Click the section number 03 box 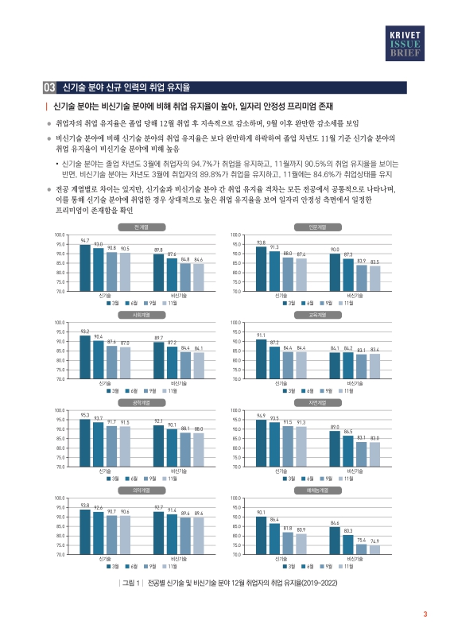click(x=48, y=87)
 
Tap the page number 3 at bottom click(x=425, y=613)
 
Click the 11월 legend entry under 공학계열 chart click(x=171, y=479)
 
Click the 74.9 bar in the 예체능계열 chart click(x=374, y=550)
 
